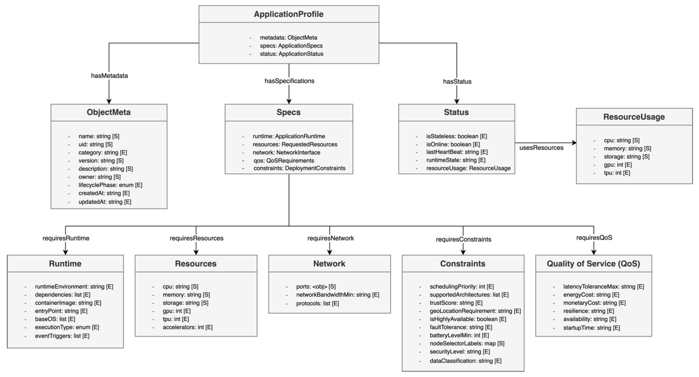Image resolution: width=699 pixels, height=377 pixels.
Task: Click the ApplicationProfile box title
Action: [x=289, y=14]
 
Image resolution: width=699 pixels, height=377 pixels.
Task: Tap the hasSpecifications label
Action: [x=289, y=81]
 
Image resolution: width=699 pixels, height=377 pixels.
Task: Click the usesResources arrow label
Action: [x=541, y=148]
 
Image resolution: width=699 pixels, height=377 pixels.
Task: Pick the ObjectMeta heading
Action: [x=109, y=112]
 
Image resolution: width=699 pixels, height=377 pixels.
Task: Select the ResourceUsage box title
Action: [x=634, y=117]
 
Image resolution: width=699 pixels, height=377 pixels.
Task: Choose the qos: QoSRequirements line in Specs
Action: [x=284, y=160]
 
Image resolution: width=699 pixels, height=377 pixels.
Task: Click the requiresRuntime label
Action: [x=66, y=238]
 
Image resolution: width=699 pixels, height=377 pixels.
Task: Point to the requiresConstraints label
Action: [x=464, y=239]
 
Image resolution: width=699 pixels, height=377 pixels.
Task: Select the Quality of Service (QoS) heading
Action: [x=593, y=264]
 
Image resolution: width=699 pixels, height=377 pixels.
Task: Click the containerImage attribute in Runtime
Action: [x=68, y=303]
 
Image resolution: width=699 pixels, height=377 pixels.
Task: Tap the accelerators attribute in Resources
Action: [x=187, y=327]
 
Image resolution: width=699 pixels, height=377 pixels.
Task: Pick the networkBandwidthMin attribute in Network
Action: [x=338, y=295]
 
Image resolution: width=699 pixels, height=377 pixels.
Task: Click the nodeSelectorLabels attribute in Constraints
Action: [x=467, y=344]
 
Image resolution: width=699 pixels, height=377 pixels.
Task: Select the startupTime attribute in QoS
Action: [x=592, y=328]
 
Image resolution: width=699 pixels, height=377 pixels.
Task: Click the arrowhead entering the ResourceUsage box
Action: [x=574, y=143]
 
